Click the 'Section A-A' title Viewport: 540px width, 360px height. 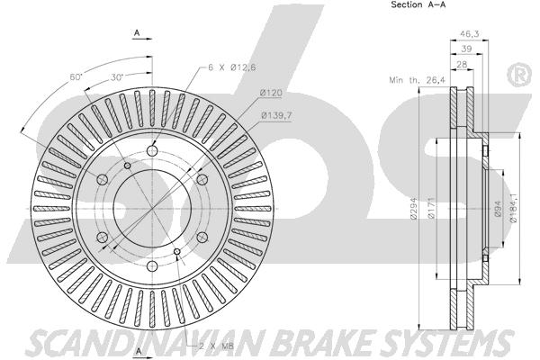[418, 4]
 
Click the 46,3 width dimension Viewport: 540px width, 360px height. [470, 33]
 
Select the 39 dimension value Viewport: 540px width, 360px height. [466, 49]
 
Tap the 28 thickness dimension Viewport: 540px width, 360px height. [462, 65]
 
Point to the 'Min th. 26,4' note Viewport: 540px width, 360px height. [417, 80]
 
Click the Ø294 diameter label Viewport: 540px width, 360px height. [414, 208]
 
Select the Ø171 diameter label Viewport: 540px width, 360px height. [432, 208]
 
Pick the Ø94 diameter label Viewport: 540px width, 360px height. [499, 209]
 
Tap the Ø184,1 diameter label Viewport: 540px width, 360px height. [513, 208]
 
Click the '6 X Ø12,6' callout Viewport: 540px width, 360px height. [232, 67]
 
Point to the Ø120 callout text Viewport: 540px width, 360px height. [271, 93]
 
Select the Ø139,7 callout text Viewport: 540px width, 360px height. [276, 115]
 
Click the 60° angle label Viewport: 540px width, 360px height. [76, 76]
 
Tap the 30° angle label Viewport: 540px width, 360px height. [117, 77]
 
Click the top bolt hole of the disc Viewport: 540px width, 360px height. [152, 150]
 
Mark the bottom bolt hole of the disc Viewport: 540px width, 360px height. [152, 266]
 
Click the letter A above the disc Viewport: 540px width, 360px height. [137, 33]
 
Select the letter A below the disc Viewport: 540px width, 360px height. [139, 351]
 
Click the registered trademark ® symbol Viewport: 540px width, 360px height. [519, 75]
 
